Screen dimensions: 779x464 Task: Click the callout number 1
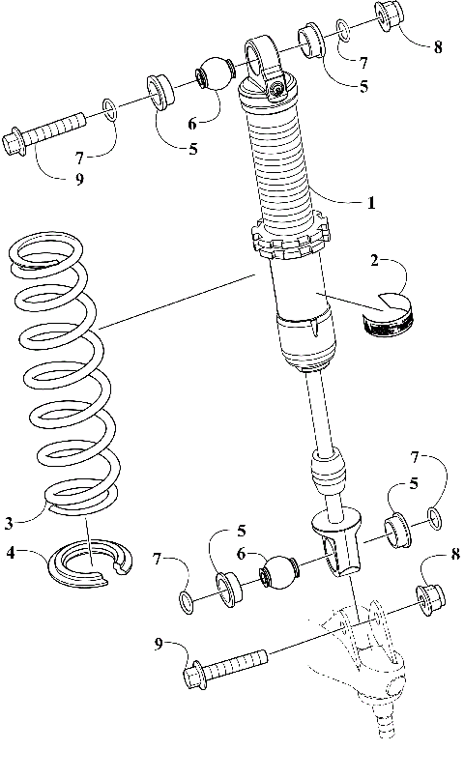click(x=369, y=203)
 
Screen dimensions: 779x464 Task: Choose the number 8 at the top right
click(x=438, y=47)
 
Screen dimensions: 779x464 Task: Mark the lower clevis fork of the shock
click(x=338, y=547)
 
